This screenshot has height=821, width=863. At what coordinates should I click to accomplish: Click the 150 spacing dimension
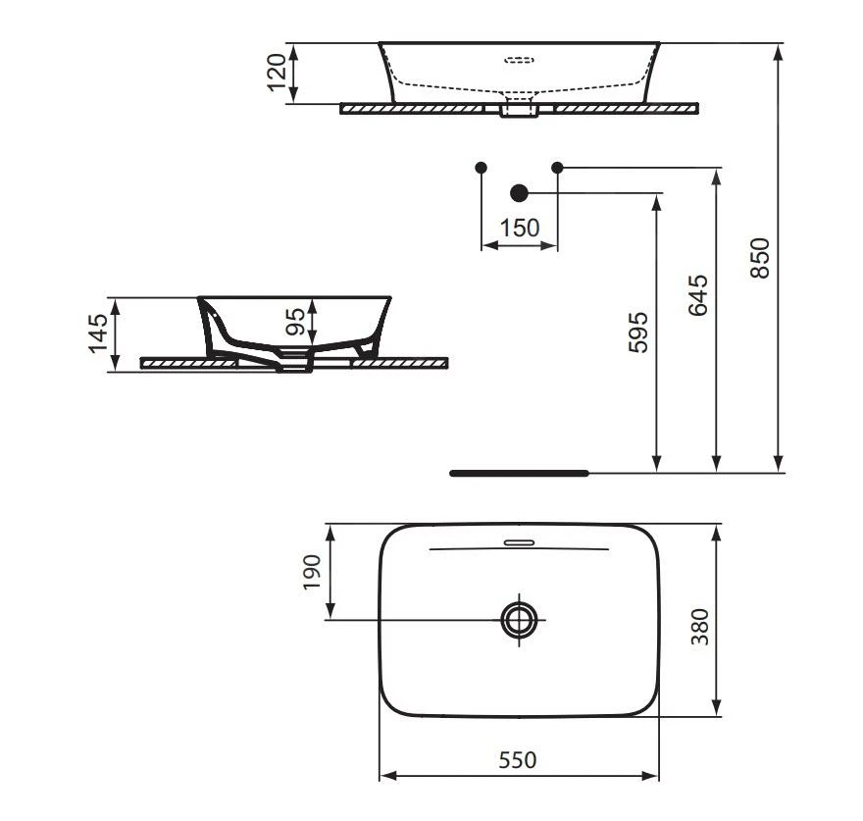point(519,229)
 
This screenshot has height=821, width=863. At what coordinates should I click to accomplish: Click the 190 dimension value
point(312,573)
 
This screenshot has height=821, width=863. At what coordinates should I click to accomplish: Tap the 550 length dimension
point(518,759)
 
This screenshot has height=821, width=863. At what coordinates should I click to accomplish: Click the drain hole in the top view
point(519,619)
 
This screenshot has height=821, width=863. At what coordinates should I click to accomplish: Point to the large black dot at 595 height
point(519,193)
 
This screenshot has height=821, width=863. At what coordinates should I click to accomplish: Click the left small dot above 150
point(481,168)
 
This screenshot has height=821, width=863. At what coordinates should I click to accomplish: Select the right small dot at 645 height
point(557,168)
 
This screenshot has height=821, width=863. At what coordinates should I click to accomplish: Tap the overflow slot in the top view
point(518,541)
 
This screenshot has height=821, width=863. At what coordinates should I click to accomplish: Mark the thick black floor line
point(518,473)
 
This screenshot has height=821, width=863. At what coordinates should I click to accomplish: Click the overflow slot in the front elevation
point(519,60)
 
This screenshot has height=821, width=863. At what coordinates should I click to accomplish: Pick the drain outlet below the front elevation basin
point(519,109)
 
